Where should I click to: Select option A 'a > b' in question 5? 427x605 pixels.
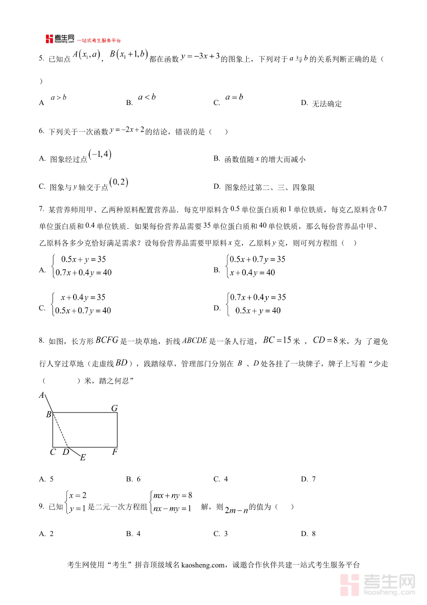click(x=58, y=97)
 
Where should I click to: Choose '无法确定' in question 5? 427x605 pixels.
click(x=326, y=104)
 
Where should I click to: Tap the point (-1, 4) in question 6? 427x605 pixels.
click(x=100, y=155)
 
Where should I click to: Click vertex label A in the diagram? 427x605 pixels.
click(x=41, y=395)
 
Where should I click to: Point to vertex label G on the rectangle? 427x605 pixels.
click(x=114, y=408)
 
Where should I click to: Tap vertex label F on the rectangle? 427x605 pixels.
click(x=114, y=452)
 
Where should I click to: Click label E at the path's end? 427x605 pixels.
click(x=83, y=458)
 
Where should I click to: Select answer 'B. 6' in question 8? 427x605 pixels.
click(x=133, y=479)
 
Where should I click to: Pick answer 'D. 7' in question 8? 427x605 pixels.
click(x=308, y=479)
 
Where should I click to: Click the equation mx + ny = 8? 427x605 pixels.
click(x=173, y=495)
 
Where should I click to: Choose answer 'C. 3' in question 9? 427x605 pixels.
click(x=221, y=534)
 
